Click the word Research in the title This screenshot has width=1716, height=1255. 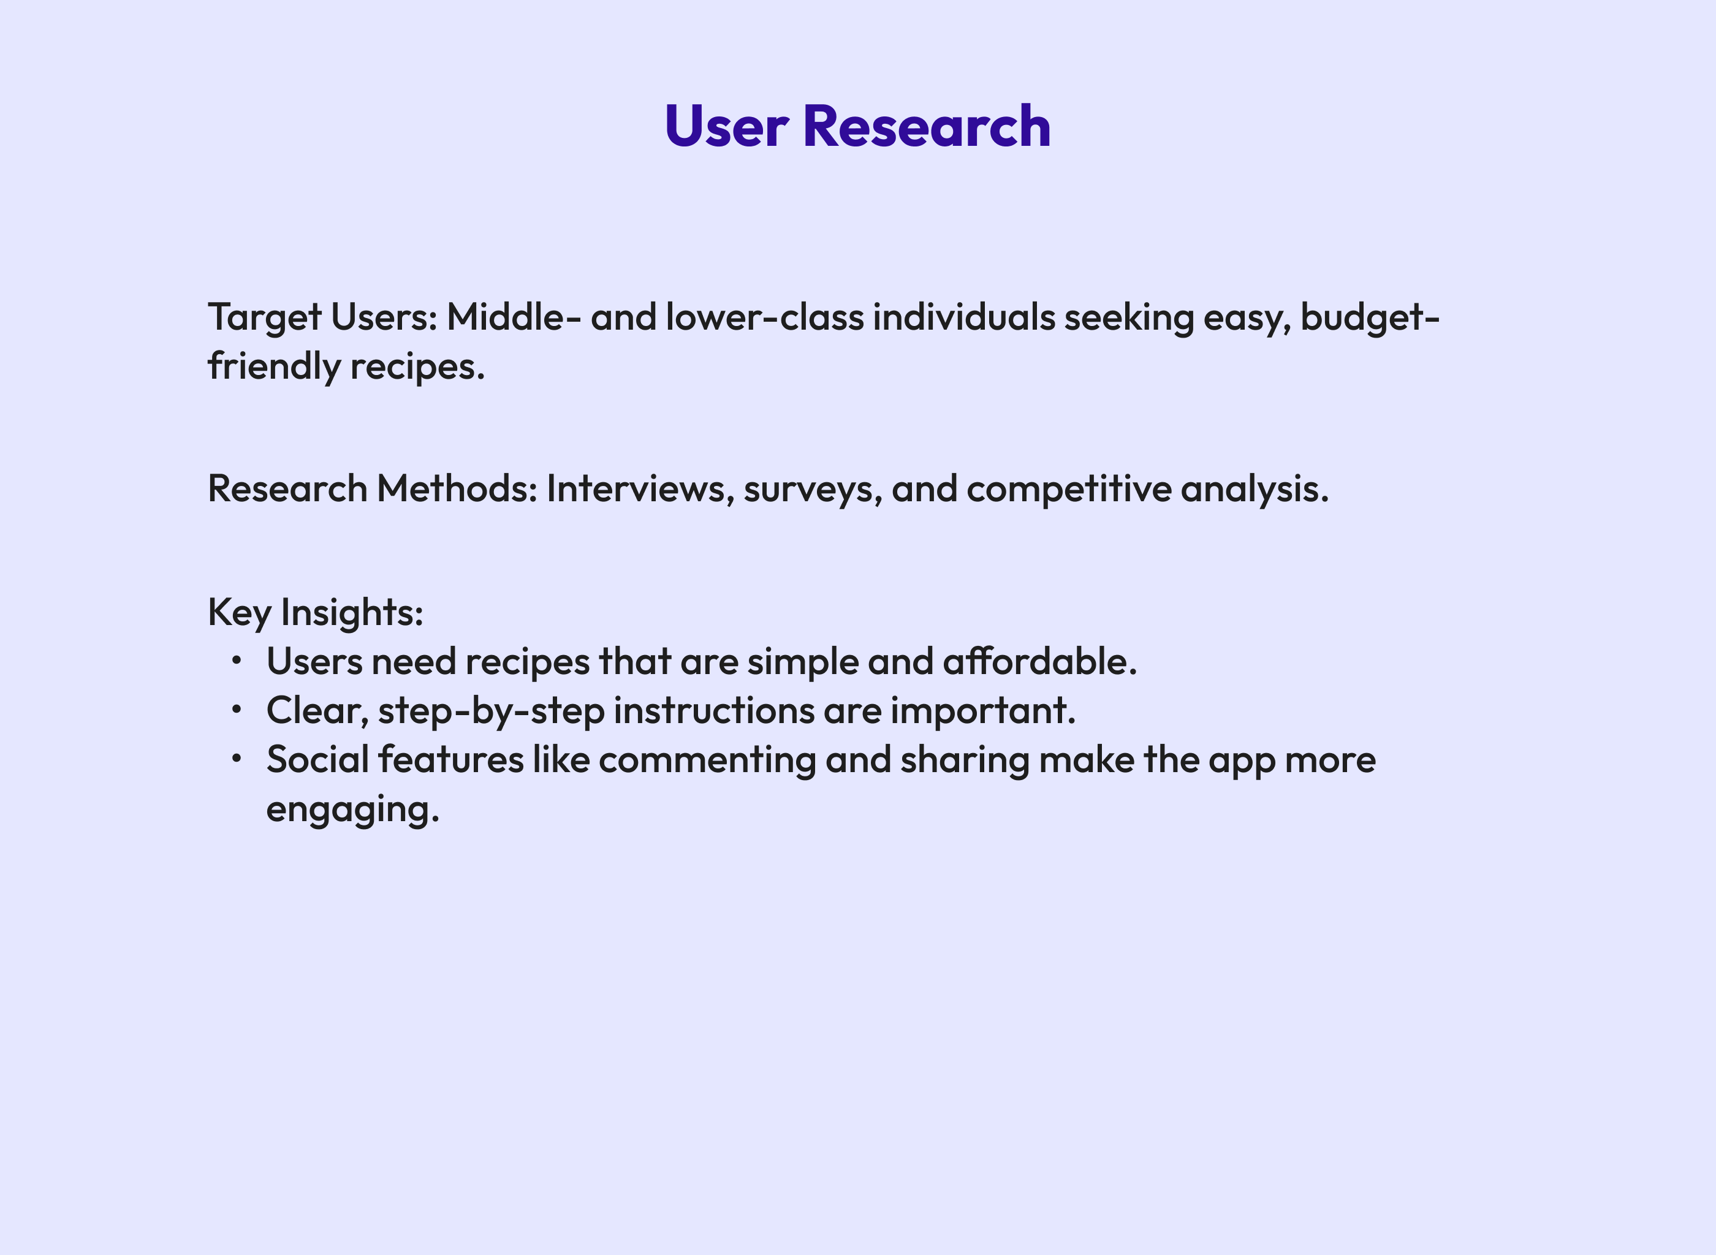pyautogui.click(x=926, y=126)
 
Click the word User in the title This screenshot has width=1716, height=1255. pyautogui.click(x=726, y=126)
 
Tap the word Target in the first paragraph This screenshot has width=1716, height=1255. pyautogui.click(x=264, y=317)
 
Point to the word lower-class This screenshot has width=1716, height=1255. pyautogui.click(x=764, y=317)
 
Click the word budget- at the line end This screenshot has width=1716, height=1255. pyautogui.click(x=1370, y=317)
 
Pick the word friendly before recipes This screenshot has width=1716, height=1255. pyautogui.click(x=274, y=367)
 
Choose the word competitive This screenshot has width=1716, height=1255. pyautogui.click(x=1069, y=488)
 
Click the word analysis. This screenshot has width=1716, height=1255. pyautogui.click(x=1255, y=488)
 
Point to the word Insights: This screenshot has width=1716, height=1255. pyautogui.click(x=352, y=612)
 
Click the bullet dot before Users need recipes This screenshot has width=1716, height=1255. pyautogui.click(x=237, y=660)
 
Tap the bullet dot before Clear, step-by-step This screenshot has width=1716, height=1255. pyautogui.click(x=237, y=710)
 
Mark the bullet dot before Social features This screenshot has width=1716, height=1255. pyautogui.click(x=237, y=758)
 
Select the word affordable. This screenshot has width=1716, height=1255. pyautogui.click(x=1040, y=662)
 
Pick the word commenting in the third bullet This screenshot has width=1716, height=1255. pyautogui.click(x=707, y=760)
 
